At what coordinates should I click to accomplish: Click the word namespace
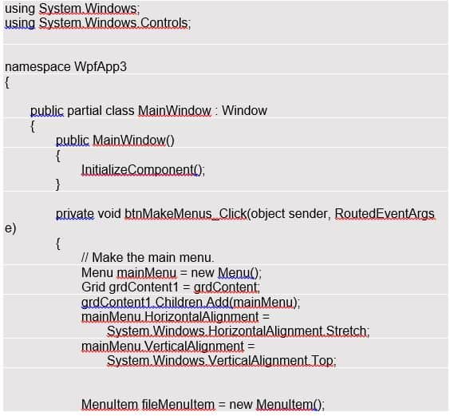point(37,67)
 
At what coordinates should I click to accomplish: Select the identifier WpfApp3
point(101,66)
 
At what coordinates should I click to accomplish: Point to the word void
point(109,214)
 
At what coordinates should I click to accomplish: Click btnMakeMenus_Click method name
point(186,214)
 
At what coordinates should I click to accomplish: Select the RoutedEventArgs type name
point(385,214)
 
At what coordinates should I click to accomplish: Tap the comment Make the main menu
point(148,257)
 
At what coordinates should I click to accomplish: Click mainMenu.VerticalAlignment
point(163,346)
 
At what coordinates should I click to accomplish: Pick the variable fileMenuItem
point(178,405)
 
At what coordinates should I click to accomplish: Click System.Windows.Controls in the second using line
point(113,23)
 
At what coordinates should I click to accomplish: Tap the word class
point(120,111)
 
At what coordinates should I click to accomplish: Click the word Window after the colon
point(244,111)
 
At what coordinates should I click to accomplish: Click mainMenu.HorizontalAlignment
point(170,317)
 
